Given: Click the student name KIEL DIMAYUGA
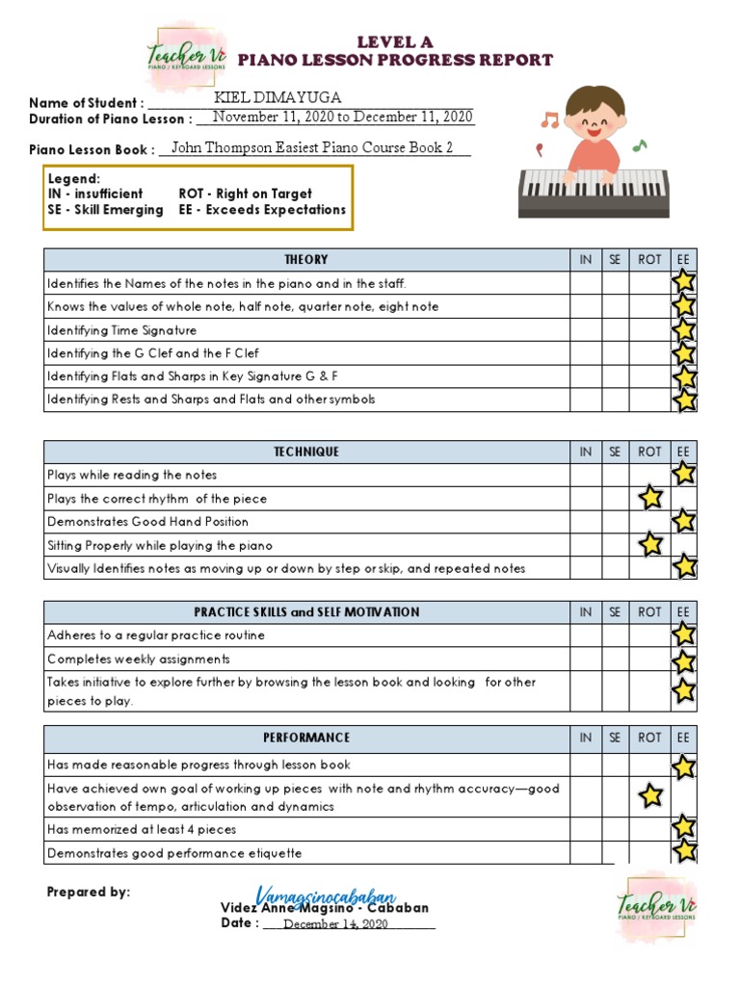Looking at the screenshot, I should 277,98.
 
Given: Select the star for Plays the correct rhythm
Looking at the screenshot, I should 650,498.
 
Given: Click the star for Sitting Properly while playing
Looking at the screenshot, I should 650,544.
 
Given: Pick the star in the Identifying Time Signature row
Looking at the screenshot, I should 684,330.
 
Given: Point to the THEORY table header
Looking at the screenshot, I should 306,259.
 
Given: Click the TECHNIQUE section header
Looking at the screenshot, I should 306,452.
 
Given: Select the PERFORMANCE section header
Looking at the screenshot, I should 306,738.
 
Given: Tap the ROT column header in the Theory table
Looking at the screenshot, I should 650,259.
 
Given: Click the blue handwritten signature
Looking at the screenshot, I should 326,895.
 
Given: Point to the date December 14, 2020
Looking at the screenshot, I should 335,924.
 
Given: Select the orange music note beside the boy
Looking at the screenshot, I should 549,120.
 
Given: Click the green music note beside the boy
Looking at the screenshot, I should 640,145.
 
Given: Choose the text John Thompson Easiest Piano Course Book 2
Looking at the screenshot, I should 311,148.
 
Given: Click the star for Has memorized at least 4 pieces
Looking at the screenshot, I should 684,827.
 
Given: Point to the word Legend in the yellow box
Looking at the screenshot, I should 73,179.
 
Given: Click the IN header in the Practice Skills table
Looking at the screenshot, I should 586,611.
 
